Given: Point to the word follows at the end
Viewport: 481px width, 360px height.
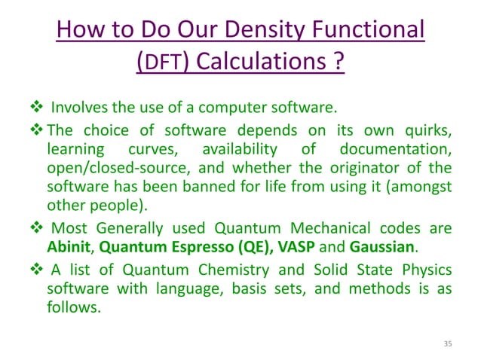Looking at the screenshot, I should [x=71, y=307].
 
